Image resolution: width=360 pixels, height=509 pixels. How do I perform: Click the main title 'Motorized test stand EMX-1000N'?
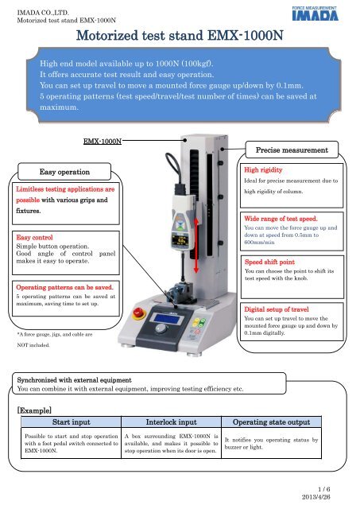pos(180,36)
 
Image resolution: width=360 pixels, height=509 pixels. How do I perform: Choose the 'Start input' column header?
pos(69,421)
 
